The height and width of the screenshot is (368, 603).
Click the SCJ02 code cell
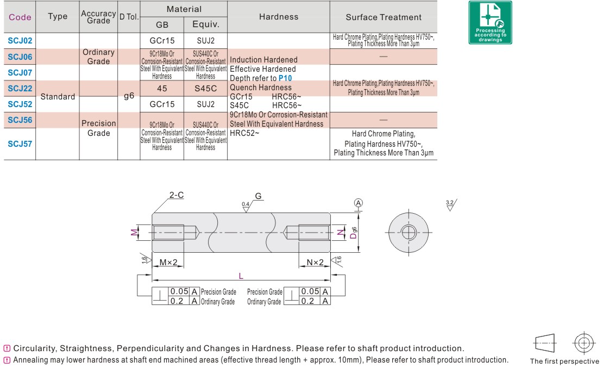pos(20,40)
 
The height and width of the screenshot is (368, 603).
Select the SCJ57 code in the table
pos(20,144)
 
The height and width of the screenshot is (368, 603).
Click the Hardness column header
pos(278,17)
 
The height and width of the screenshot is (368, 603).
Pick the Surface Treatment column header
pos(384,17)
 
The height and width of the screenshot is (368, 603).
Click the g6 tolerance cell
pos(129,96)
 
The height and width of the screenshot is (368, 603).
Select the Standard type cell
pos(58,97)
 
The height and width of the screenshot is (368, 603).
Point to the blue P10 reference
pos(285,78)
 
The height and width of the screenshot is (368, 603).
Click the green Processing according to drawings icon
pos(489,22)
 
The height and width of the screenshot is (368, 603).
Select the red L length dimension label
pos(241,276)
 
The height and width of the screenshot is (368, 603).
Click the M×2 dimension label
pos(169,263)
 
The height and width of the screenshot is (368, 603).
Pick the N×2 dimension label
pos(315,263)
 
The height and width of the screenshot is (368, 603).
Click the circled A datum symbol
pos(358,203)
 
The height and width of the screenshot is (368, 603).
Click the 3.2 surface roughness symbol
pos(450,205)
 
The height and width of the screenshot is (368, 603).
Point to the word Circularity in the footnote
pos(34,348)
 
